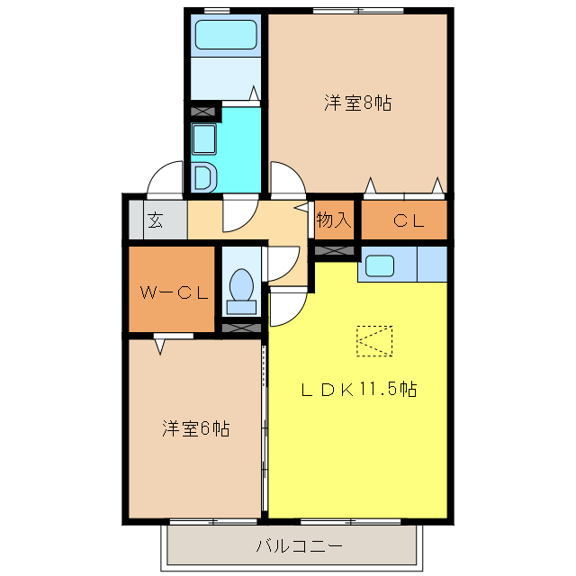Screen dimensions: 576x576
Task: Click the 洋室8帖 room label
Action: pyautogui.click(x=357, y=103)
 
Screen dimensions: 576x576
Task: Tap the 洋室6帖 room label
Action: pyautogui.click(x=195, y=428)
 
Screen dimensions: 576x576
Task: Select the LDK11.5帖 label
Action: pyautogui.click(x=357, y=390)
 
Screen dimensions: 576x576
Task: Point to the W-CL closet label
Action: pyautogui.click(x=173, y=292)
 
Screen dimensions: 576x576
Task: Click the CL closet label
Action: pyautogui.click(x=408, y=220)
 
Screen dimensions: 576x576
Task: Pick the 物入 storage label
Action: pyautogui.click(x=334, y=220)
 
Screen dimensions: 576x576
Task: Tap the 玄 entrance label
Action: pyautogui.click(x=156, y=220)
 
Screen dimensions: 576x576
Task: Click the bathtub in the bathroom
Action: pyautogui.click(x=227, y=36)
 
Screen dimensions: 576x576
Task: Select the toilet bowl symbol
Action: pyautogui.click(x=240, y=288)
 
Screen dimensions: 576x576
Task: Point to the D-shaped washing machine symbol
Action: pyautogui.click(x=202, y=177)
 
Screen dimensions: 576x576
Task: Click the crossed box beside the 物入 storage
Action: pyautogui.click(x=333, y=249)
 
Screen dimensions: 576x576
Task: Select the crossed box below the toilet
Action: pyautogui.click(x=241, y=327)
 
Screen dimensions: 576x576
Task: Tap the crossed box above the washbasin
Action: pyautogui.click(x=204, y=112)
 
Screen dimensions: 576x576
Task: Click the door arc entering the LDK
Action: pyautogui.click(x=286, y=310)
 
